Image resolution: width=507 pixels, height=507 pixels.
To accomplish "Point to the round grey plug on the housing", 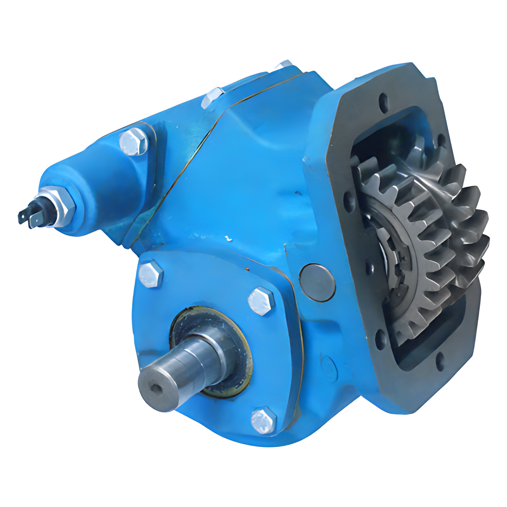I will pyautogui.click(x=317, y=282).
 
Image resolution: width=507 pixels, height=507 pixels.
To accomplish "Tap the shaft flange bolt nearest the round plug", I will pyautogui.click(x=261, y=301).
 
